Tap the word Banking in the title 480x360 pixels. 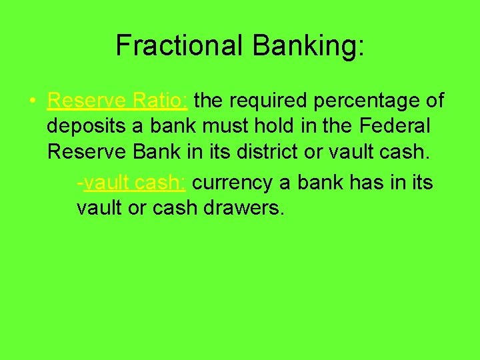coord(304,45)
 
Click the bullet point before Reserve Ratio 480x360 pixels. coord(32,101)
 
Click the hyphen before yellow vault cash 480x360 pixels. coord(80,183)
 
